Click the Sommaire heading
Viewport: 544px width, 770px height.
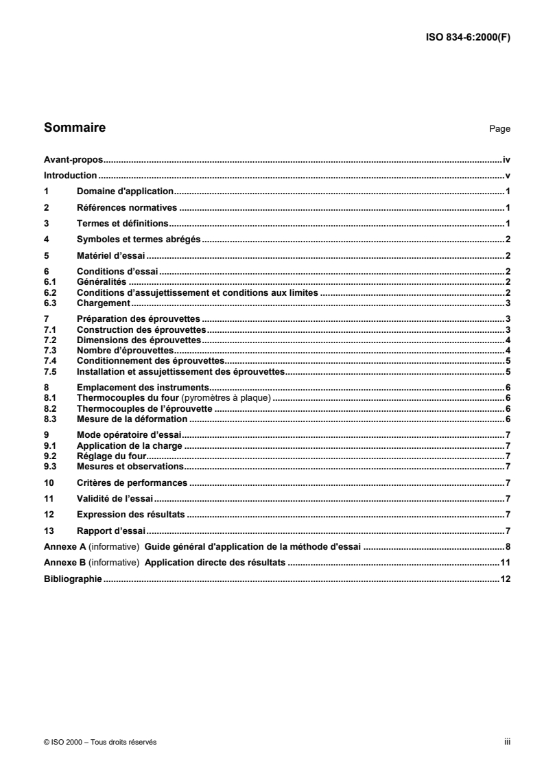click(74, 127)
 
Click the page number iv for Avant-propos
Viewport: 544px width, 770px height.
click(506, 159)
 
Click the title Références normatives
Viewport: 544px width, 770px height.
click(127, 207)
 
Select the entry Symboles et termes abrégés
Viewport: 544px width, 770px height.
click(138, 239)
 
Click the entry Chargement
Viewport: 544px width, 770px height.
click(104, 303)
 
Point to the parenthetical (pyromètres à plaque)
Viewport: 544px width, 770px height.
click(233, 398)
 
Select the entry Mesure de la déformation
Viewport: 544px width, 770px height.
click(132, 419)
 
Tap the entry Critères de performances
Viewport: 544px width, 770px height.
click(132, 482)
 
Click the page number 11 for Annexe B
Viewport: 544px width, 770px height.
click(506, 563)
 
